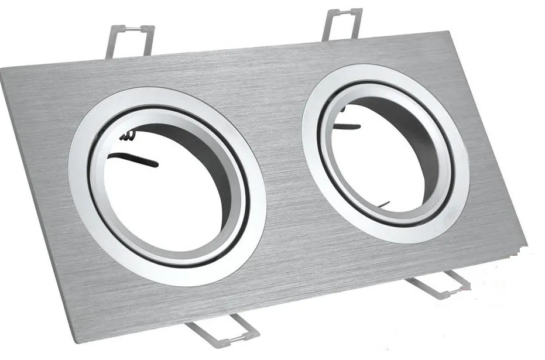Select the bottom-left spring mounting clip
[x=222, y=329]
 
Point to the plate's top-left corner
[x=3, y=69]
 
